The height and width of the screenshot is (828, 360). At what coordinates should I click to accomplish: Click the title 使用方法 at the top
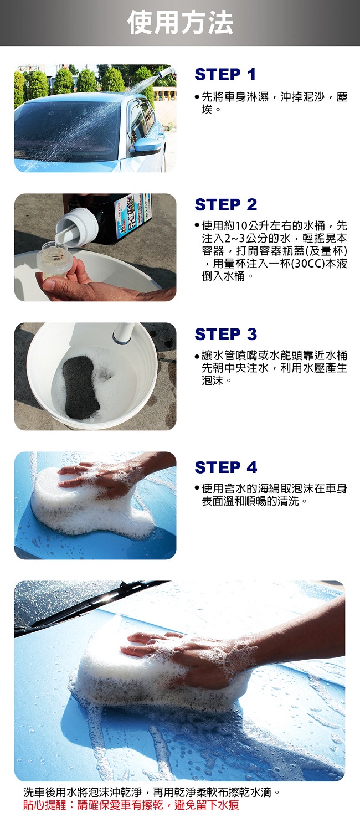[x=180, y=23]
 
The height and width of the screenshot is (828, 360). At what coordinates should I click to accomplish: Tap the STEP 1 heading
[x=225, y=74]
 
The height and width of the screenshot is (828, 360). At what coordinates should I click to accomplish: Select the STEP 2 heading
[x=226, y=204]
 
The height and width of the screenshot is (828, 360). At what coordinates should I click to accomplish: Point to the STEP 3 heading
[x=226, y=334]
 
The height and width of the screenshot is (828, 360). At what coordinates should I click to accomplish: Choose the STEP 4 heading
[x=226, y=467]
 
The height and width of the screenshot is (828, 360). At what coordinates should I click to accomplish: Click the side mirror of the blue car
[x=146, y=146]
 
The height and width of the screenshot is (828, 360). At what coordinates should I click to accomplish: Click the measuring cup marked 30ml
[x=55, y=261]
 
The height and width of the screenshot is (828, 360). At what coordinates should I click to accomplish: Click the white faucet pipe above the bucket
[x=125, y=332]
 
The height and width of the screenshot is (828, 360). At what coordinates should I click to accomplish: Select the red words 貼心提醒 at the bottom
[x=45, y=805]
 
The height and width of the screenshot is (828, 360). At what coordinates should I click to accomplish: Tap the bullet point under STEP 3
[x=197, y=357]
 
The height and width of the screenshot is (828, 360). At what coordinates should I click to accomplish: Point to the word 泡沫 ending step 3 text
[x=213, y=380]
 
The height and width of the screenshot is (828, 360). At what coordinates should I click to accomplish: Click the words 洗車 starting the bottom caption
[x=34, y=792]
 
